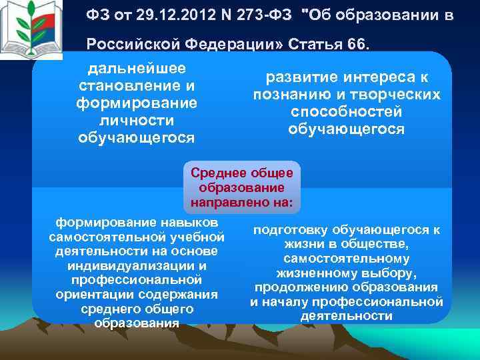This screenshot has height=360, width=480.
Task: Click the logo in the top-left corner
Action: [34, 31]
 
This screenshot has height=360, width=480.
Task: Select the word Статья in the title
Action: [310, 43]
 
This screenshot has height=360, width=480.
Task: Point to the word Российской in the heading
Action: [127, 43]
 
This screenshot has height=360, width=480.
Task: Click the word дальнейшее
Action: [137, 69]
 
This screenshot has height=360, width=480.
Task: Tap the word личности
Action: [137, 121]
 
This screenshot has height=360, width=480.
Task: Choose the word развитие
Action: [299, 77]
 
